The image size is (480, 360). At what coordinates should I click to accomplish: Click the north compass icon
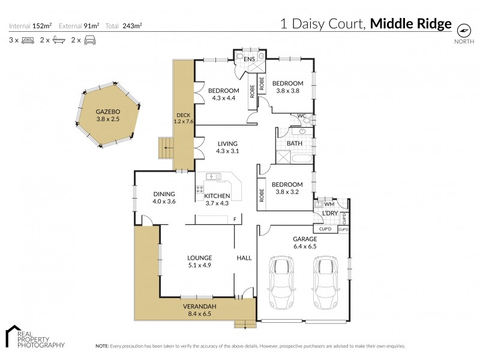coord(463,30)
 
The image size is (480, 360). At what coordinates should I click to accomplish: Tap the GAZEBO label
coord(109,112)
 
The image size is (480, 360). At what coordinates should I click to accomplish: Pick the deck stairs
coord(164,148)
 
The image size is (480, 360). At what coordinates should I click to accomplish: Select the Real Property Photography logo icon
coord(13,336)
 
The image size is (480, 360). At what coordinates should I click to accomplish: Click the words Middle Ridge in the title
coord(410,24)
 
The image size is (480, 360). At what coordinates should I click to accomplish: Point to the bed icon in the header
coord(27,40)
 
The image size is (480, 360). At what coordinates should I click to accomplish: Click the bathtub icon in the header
coord(58,40)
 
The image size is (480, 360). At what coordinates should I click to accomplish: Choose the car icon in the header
coord(89,40)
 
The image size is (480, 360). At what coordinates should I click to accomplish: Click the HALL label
coord(244,258)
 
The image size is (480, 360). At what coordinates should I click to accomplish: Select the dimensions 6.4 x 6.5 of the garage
coord(305,246)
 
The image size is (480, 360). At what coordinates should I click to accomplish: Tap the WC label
coord(302,116)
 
